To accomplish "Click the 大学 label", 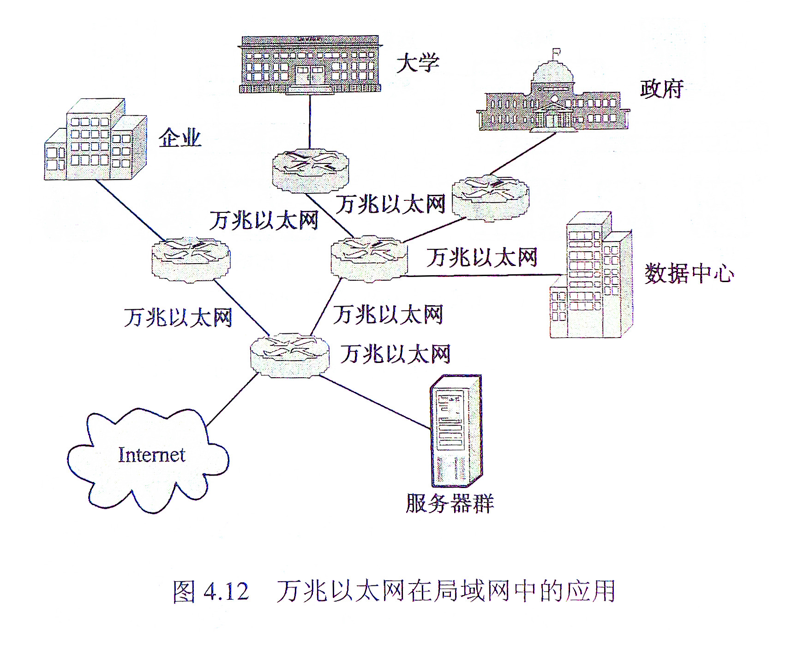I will click(x=418, y=63).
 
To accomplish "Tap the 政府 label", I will click(x=661, y=89).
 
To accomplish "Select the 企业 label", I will click(x=180, y=138).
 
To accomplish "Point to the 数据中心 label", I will click(x=689, y=273).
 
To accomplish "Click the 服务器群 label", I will click(x=450, y=503).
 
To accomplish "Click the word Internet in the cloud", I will click(x=151, y=455).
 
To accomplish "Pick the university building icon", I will click(x=310, y=65).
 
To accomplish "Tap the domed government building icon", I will click(x=553, y=99).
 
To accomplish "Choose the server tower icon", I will click(x=456, y=431).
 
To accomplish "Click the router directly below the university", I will click(x=310, y=170).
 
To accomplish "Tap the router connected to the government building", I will click(x=490, y=198).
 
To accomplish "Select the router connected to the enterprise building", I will click(x=191, y=259).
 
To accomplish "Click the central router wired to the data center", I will click(x=369, y=258).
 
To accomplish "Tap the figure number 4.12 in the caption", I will click(x=226, y=591).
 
